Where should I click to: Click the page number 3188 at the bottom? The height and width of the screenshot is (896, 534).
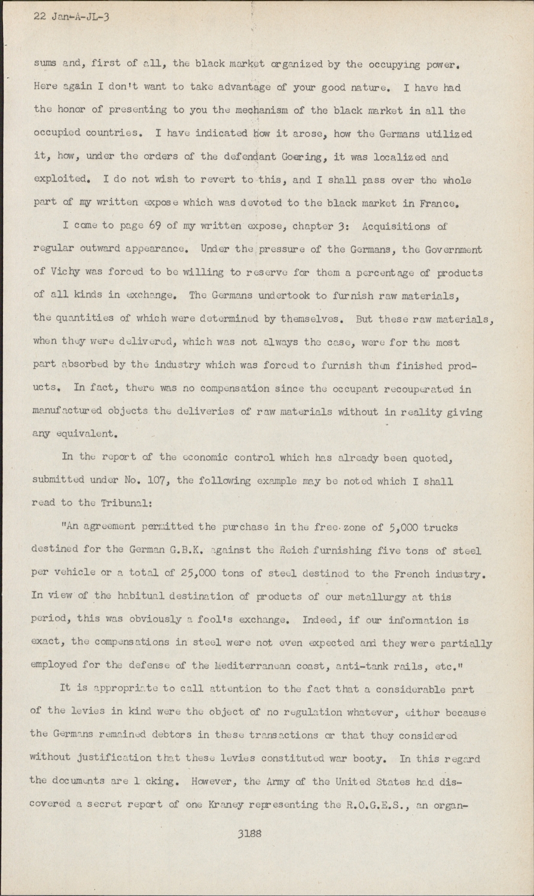click(249, 834)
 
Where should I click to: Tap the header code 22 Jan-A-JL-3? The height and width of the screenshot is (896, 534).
click(72, 17)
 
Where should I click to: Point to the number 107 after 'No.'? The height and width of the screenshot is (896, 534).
click(141, 481)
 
